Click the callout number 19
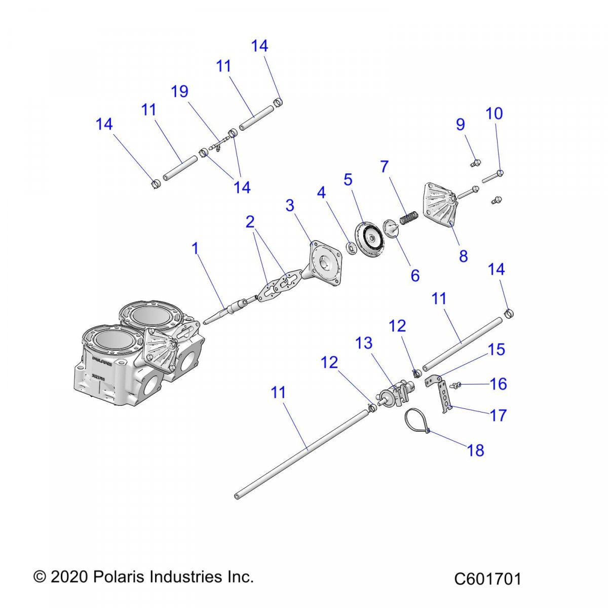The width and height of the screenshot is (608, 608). pyautogui.click(x=179, y=92)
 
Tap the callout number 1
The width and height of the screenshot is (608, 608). pyautogui.click(x=195, y=248)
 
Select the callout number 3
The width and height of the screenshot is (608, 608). pyautogui.click(x=289, y=206)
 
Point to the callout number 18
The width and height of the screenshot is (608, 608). pyautogui.click(x=475, y=450)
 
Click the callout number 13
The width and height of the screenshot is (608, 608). pyautogui.click(x=364, y=344)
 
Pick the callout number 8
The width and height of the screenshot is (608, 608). pyautogui.click(x=463, y=256)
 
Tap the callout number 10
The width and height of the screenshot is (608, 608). pyautogui.click(x=494, y=113)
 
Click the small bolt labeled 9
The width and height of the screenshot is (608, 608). pyautogui.click(x=475, y=163)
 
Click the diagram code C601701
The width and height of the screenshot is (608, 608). pyautogui.click(x=487, y=579)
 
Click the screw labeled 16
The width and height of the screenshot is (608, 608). pyautogui.click(x=454, y=386)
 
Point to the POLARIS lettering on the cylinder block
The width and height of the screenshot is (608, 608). pyautogui.click(x=102, y=361)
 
